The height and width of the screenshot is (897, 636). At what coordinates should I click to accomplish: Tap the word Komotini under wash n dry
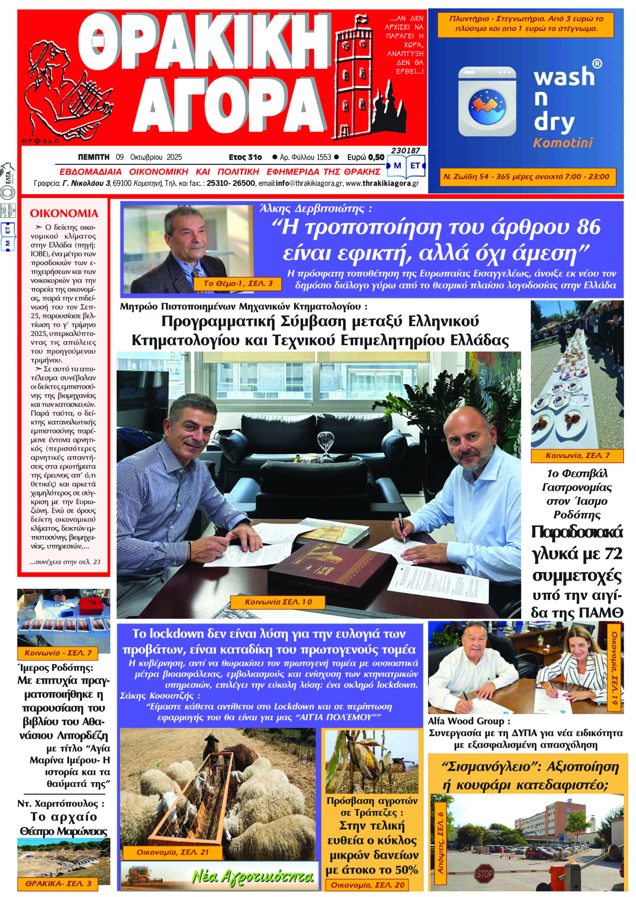(563, 143)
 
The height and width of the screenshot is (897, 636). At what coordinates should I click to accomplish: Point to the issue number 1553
(324, 157)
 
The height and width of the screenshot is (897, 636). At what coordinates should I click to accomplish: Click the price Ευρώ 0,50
(366, 157)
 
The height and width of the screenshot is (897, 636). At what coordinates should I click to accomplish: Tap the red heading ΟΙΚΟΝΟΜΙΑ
(64, 213)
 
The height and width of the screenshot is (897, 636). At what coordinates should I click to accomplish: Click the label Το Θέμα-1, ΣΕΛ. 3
(238, 283)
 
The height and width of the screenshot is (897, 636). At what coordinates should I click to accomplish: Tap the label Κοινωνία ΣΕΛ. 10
(278, 602)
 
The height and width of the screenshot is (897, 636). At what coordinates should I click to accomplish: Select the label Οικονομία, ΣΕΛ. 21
(172, 853)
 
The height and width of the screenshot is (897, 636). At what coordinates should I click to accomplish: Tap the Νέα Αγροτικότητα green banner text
(253, 877)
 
